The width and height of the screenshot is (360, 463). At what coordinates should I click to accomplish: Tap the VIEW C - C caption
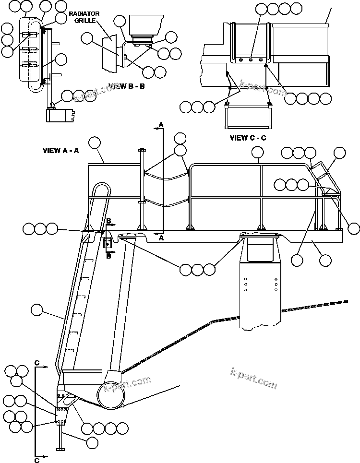[248, 138]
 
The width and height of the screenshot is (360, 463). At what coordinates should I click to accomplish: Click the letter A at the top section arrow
[161, 125]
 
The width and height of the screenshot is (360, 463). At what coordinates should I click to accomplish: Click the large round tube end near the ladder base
[112, 395]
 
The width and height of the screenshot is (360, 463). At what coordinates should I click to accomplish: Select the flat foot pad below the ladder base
[60, 449]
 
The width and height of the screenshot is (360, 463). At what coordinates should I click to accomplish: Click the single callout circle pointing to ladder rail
[37, 310]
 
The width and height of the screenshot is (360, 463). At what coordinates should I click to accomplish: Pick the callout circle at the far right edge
[354, 229]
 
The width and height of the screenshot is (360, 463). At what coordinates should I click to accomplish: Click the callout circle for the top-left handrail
[94, 142]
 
